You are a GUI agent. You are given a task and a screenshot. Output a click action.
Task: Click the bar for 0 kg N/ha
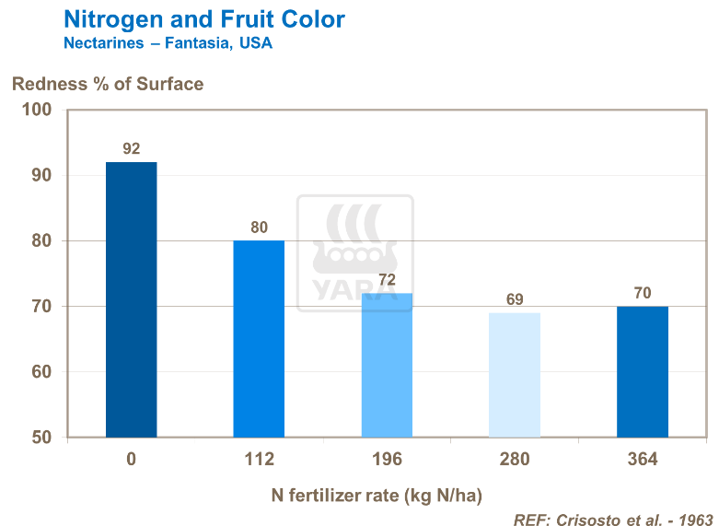[131, 299]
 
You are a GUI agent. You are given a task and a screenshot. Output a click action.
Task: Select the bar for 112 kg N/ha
[259, 338]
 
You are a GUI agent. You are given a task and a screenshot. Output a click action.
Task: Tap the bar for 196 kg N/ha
[387, 365]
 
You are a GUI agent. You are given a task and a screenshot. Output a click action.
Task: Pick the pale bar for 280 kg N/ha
[515, 375]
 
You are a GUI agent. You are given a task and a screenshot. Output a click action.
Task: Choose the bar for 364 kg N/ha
[642, 371]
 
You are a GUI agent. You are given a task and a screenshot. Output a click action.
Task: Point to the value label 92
[131, 148]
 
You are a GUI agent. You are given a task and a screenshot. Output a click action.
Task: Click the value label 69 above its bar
[515, 299]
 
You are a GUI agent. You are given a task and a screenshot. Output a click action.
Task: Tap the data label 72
[387, 279]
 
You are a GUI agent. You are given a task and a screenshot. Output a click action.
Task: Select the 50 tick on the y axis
[41, 438]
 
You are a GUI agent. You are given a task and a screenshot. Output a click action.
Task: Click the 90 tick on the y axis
[41, 176]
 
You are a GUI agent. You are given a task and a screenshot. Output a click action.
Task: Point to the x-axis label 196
[387, 460]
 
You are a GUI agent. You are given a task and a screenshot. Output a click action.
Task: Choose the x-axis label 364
[642, 460]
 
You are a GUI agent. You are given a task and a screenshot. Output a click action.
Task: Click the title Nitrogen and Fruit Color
[204, 18]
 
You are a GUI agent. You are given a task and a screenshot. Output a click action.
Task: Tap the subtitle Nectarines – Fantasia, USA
[168, 42]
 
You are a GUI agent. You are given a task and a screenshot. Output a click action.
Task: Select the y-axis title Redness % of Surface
[107, 84]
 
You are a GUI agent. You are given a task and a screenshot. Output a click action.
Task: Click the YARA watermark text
[354, 289]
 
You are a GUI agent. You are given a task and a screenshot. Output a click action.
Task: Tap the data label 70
[642, 293]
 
